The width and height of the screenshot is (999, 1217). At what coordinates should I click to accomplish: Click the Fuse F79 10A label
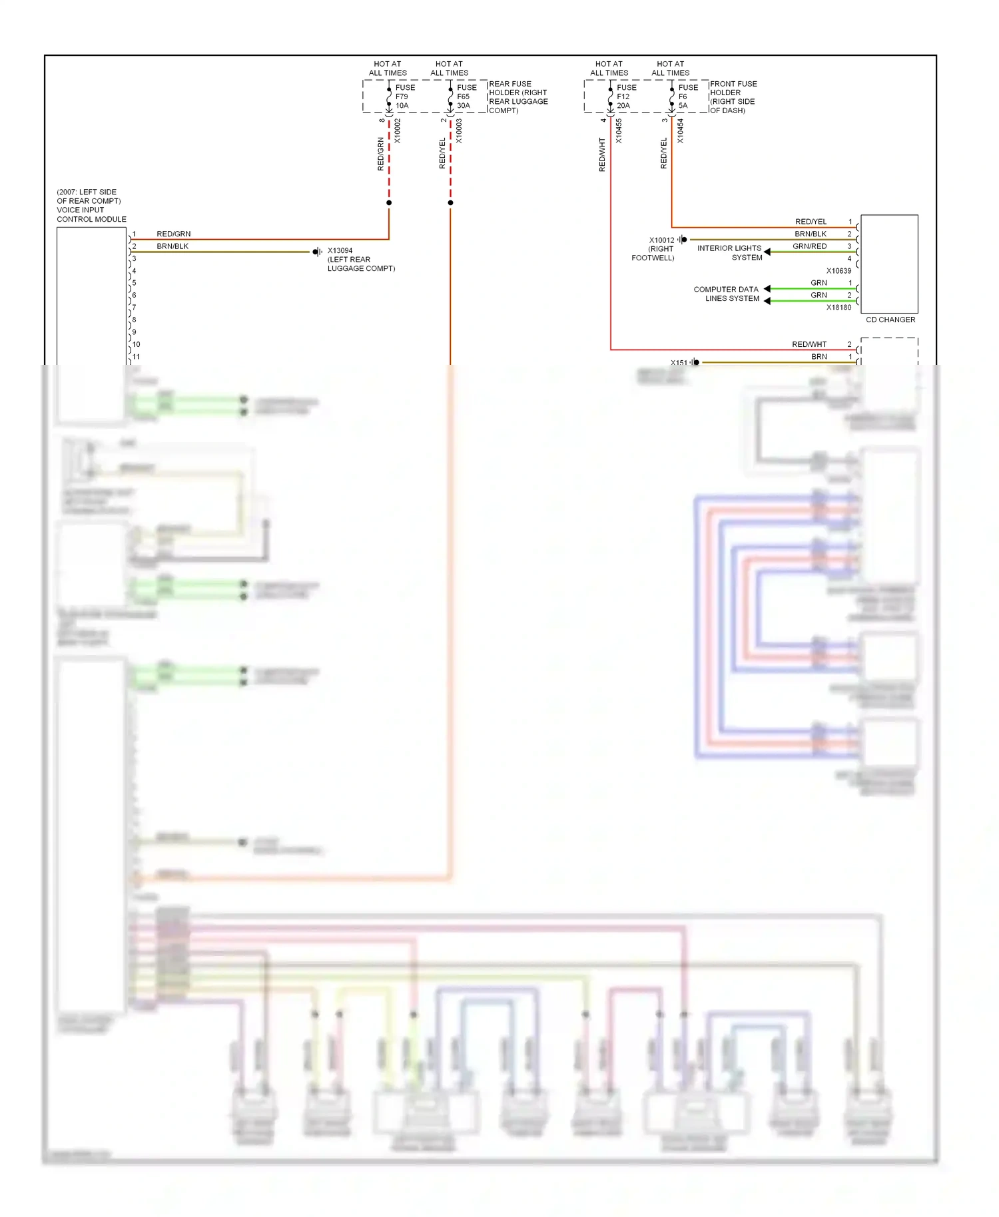(404, 97)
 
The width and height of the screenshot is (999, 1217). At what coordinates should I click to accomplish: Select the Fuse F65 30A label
(466, 97)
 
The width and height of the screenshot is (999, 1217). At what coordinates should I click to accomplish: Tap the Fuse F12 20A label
(626, 97)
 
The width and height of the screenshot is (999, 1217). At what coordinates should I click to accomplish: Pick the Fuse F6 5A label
(687, 97)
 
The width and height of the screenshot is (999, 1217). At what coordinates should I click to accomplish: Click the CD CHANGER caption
(890, 320)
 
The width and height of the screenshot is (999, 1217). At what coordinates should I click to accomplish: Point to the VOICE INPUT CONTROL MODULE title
(91, 206)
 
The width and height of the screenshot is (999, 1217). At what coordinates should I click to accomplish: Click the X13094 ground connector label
(340, 251)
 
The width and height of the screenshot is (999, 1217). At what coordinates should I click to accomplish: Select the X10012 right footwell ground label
(661, 240)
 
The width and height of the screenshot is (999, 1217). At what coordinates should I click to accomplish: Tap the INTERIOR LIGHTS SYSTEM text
(729, 252)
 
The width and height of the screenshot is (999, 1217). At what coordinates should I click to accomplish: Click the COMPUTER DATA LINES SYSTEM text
(726, 294)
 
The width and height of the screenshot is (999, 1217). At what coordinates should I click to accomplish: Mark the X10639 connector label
(838, 271)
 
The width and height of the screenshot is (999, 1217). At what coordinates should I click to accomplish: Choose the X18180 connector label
(838, 308)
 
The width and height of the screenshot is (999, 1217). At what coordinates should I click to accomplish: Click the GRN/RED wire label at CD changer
(809, 246)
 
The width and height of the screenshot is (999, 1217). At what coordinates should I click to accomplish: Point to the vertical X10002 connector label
(398, 131)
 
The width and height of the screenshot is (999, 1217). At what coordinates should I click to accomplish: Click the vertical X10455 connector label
(619, 131)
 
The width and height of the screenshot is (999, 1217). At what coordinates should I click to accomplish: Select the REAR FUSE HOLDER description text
(518, 97)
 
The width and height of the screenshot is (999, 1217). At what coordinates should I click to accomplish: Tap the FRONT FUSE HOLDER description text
(733, 97)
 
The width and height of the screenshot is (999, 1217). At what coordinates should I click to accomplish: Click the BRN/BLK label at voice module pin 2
(172, 246)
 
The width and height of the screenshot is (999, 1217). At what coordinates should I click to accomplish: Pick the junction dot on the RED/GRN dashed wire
(389, 202)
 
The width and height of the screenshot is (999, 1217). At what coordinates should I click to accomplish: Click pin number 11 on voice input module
(136, 357)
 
